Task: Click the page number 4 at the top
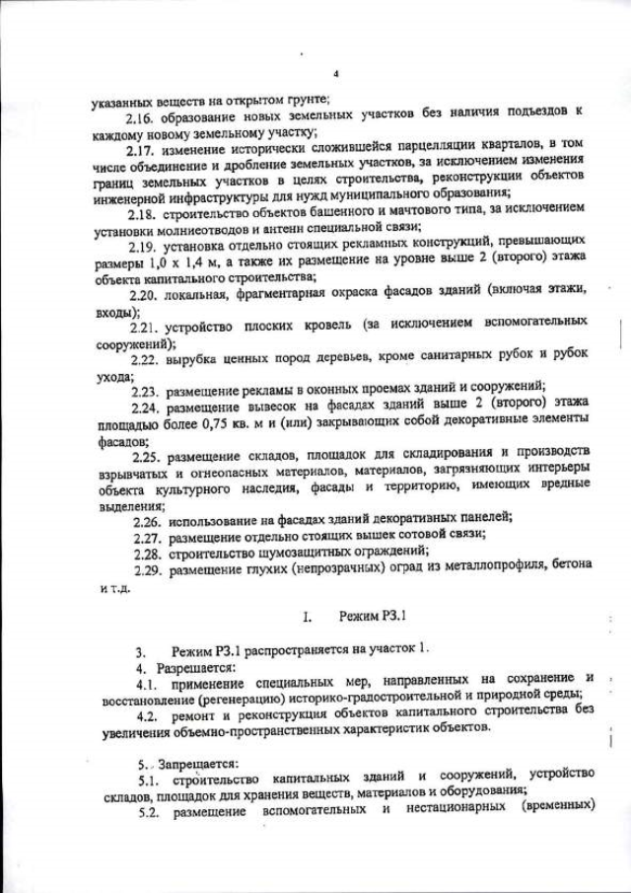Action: pyautogui.click(x=336, y=75)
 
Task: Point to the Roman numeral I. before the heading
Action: pyautogui.click(x=308, y=619)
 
